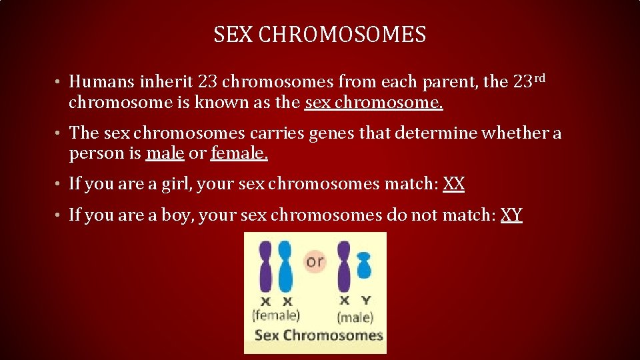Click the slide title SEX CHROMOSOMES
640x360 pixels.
click(319, 35)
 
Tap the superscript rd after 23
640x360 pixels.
click(540, 78)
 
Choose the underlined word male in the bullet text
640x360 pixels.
click(165, 153)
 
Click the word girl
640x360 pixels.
click(175, 184)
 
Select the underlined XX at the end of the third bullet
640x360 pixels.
click(453, 184)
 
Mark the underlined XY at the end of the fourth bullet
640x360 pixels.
click(511, 215)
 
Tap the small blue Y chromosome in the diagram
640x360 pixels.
click(364, 265)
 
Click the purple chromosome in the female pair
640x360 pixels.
click(265, 266)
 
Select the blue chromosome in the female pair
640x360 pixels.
click(285, 266)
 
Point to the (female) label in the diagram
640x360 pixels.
click(275, 315)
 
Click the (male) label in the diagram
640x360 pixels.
click(355, 317)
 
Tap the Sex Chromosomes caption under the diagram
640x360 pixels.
click(319, 335)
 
